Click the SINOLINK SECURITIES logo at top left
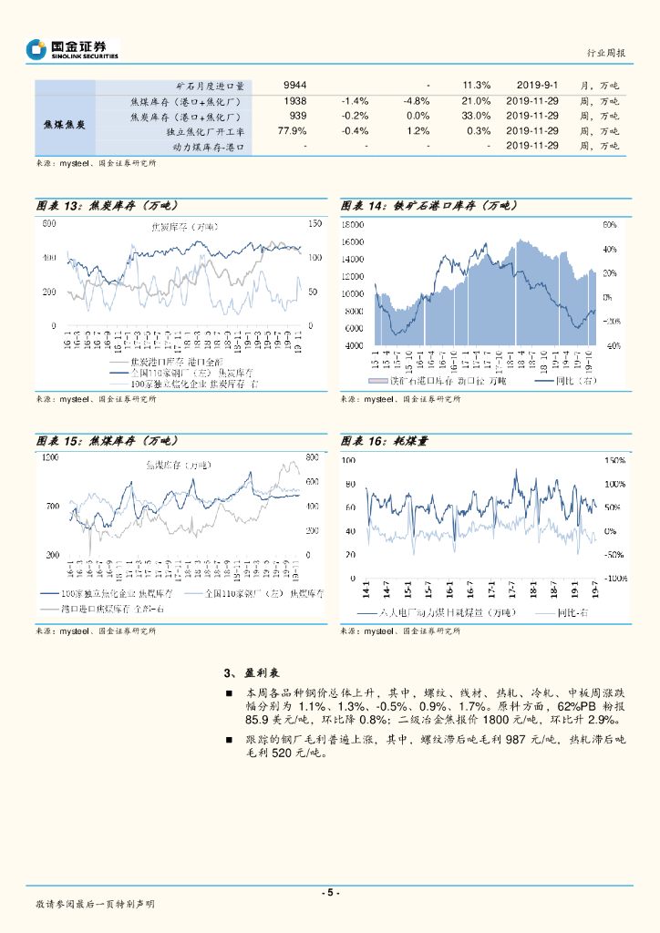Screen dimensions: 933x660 [73, 49]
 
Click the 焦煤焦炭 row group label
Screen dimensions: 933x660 [65, 124]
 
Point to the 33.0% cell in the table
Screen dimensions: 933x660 [476, 116]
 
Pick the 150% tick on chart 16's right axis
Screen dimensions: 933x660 [614, 460]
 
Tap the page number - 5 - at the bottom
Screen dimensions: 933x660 [330, 893]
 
